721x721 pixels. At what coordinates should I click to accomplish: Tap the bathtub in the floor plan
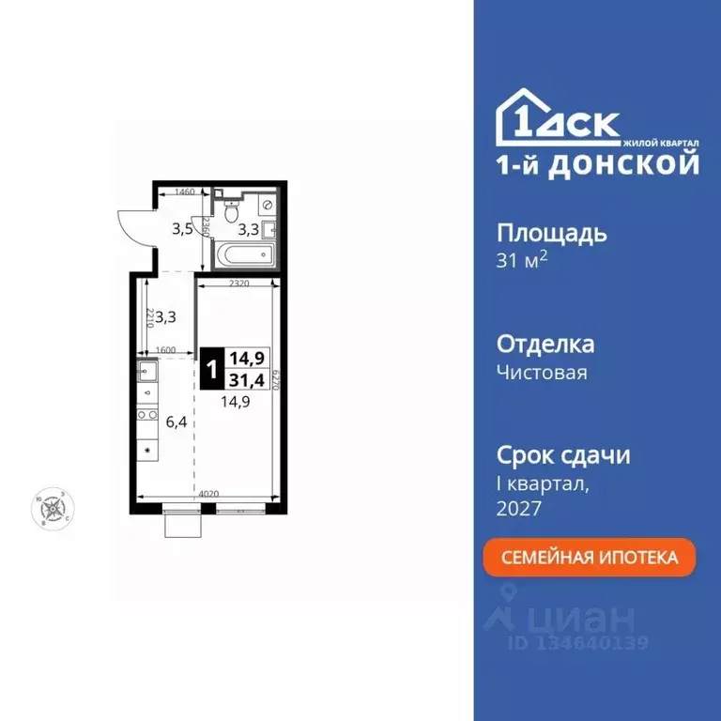tap(243, 253)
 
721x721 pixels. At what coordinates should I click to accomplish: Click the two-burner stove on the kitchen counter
tap(147, 414)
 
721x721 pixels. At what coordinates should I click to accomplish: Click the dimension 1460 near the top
tap(184, 192)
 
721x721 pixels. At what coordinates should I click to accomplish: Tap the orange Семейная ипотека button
tap(590, 558)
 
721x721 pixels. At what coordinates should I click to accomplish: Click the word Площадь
tap(551, 234)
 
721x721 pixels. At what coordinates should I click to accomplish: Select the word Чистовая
tap(542, 373)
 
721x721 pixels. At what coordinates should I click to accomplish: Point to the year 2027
tap(519, 508)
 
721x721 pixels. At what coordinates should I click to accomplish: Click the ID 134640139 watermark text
tap(577, 643)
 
